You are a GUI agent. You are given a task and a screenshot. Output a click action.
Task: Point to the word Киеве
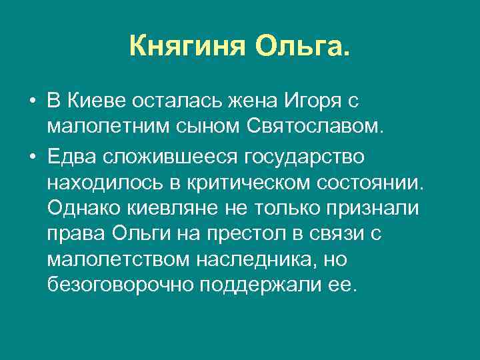[94, 101]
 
